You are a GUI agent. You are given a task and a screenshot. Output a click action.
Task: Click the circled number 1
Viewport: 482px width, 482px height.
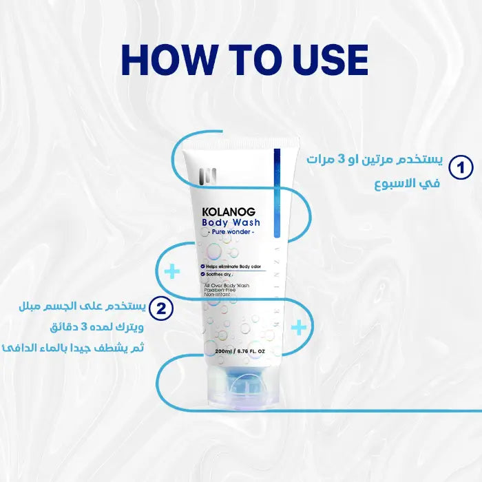461,167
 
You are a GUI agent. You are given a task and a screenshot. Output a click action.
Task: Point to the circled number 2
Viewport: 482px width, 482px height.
160,308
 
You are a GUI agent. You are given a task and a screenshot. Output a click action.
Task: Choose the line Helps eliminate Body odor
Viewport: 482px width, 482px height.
232,264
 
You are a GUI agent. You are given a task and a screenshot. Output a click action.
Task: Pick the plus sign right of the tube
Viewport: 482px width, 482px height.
299,327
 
